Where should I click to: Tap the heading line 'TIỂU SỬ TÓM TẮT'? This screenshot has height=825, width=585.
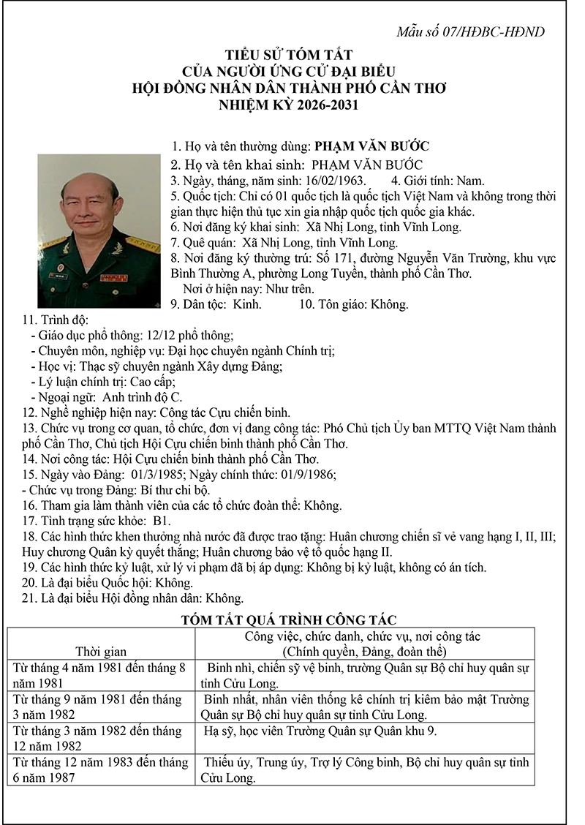coord(290,55)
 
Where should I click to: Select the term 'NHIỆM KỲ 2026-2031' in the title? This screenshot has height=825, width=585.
coord(290,105)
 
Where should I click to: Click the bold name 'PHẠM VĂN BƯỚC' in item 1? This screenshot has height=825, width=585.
coord(371,146)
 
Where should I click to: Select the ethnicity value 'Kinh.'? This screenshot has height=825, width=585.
coord(247,304)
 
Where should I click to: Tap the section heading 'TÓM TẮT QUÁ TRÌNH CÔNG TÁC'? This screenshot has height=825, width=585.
coord(289,621)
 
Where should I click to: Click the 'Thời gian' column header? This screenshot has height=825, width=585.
coord(101,651)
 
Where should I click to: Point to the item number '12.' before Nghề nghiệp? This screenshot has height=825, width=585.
coord(30,412)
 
